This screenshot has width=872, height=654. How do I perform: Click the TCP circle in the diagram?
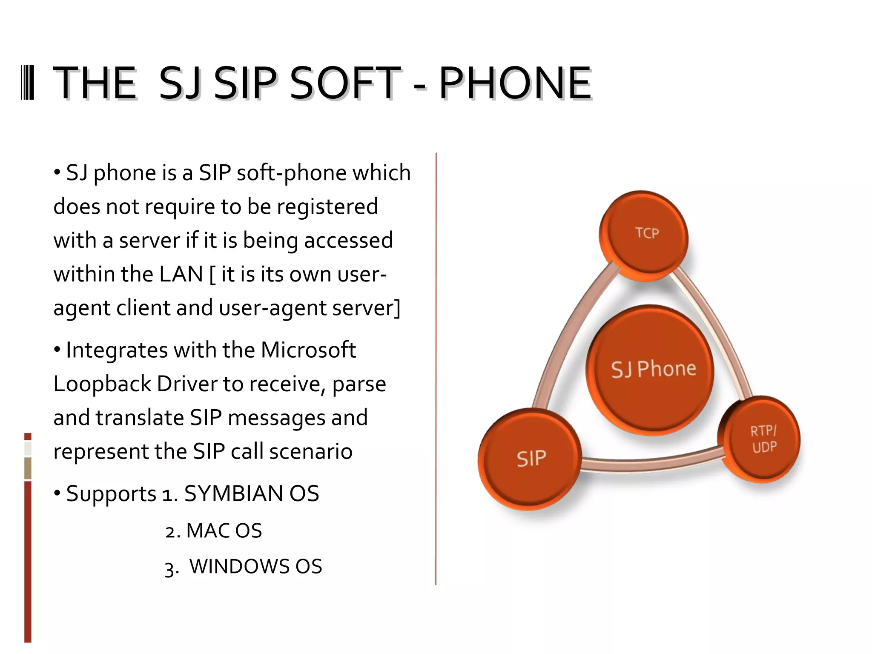click(x=644, y=235)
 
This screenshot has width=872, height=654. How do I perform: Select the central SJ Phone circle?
click(x=651, y=370)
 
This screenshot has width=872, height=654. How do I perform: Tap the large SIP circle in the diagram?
click(x=530, y=459)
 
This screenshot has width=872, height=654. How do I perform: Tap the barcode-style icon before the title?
click(x=28, y=83)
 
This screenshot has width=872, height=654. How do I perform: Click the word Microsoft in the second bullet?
click(x=308, y=350)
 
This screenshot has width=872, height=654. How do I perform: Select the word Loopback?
click(x=102, y=384)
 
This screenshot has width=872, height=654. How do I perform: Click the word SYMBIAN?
click(x=233, y=494)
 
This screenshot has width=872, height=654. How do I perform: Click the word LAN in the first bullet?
click(x=181, y=274)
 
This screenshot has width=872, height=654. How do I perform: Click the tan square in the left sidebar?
click(x=28, y=468)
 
